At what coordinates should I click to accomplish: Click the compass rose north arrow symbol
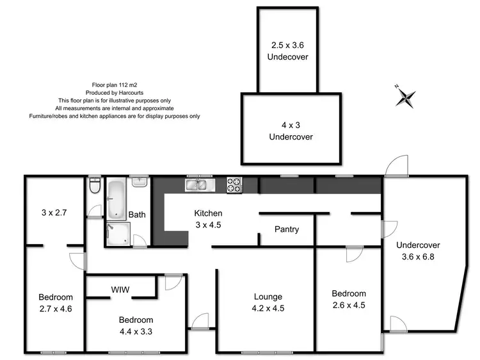pos(405,97)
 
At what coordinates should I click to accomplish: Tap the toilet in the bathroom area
pos(95,186)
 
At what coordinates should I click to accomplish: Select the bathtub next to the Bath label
pos(117,199)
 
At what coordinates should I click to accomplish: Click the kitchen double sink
pos(200,185)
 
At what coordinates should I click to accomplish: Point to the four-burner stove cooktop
pos(234,185)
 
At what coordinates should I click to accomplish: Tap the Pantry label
pos(286,229)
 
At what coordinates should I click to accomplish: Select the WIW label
pos(120,290)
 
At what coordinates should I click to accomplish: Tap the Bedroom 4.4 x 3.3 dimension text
pos(135,331)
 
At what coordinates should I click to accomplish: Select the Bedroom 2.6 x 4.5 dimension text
pos(349,305)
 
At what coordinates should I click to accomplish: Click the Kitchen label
pos(209,213)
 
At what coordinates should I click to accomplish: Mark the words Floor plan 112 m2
pos(115,84)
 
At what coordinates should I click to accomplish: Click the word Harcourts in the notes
pos(130,92)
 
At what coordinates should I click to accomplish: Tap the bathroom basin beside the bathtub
pos(140,182)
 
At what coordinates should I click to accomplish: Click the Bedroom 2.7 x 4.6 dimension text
pos(56,308)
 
